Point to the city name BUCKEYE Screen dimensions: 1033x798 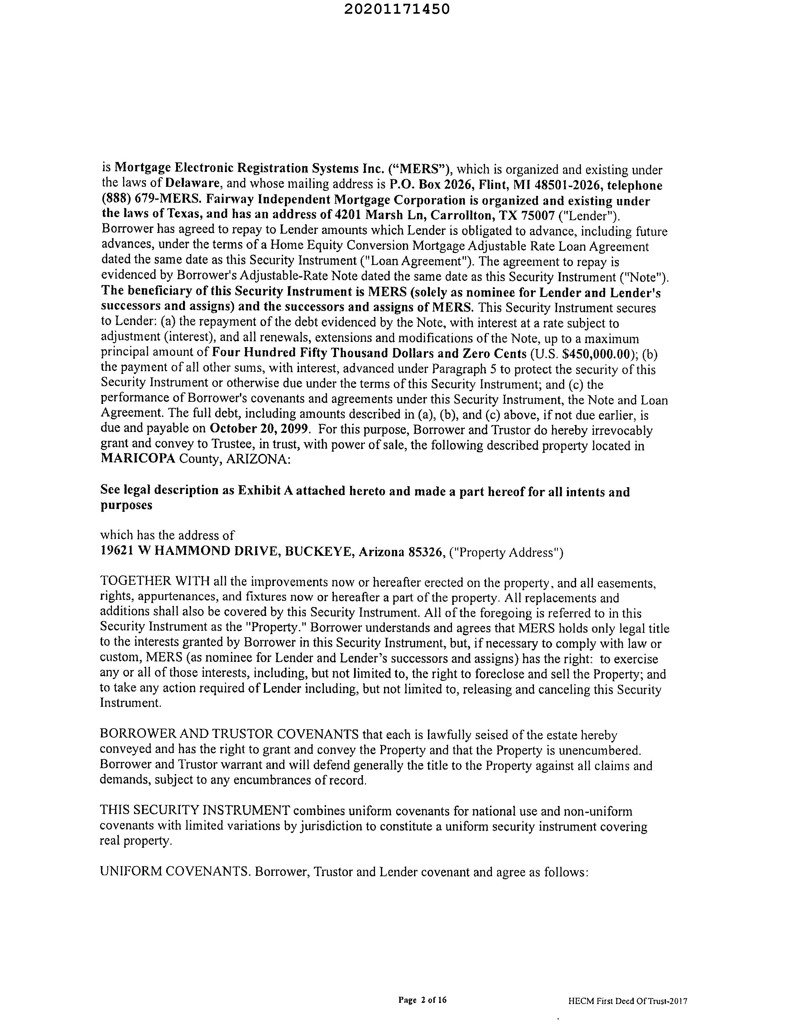pyautogui.click(x=320, y=551)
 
